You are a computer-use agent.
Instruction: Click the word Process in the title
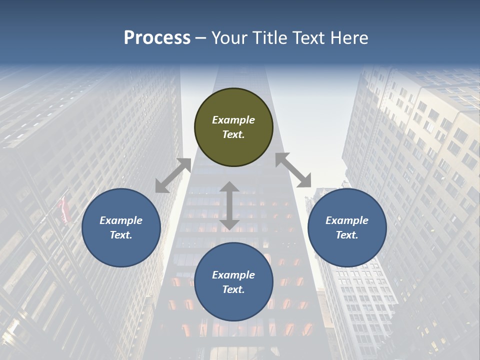(157, 38)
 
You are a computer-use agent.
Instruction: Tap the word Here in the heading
(348, 38)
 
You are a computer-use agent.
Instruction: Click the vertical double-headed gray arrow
(229, 206)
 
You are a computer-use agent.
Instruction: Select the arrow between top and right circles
(293, 170)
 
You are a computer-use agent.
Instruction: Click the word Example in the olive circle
(233, 120)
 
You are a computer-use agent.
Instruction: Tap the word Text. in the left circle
(121, 235)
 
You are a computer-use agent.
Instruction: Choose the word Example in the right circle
(347, 220)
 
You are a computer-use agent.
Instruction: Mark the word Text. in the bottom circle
(233, 289)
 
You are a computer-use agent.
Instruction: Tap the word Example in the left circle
(121, 220)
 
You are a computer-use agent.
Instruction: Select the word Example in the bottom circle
(233, 275)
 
